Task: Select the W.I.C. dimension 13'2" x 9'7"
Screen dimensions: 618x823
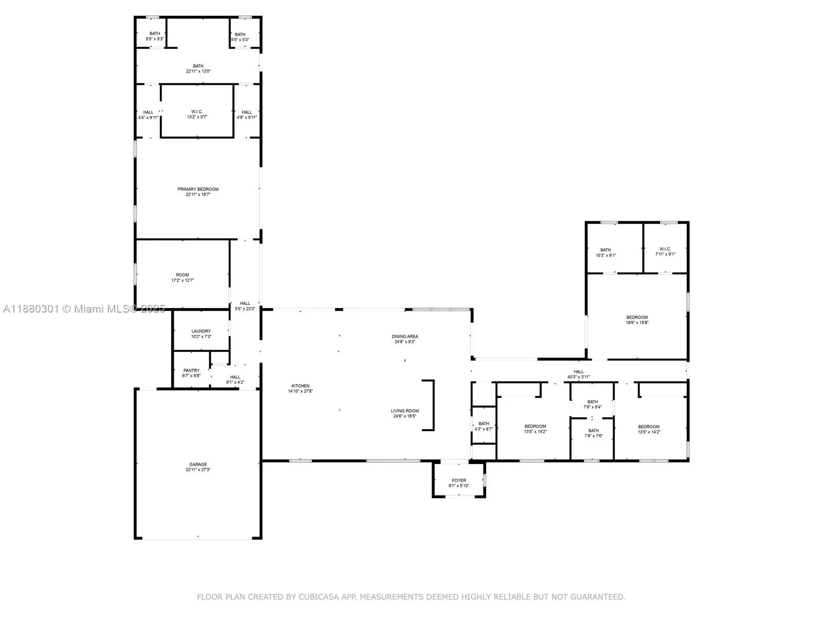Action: [197, 117]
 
